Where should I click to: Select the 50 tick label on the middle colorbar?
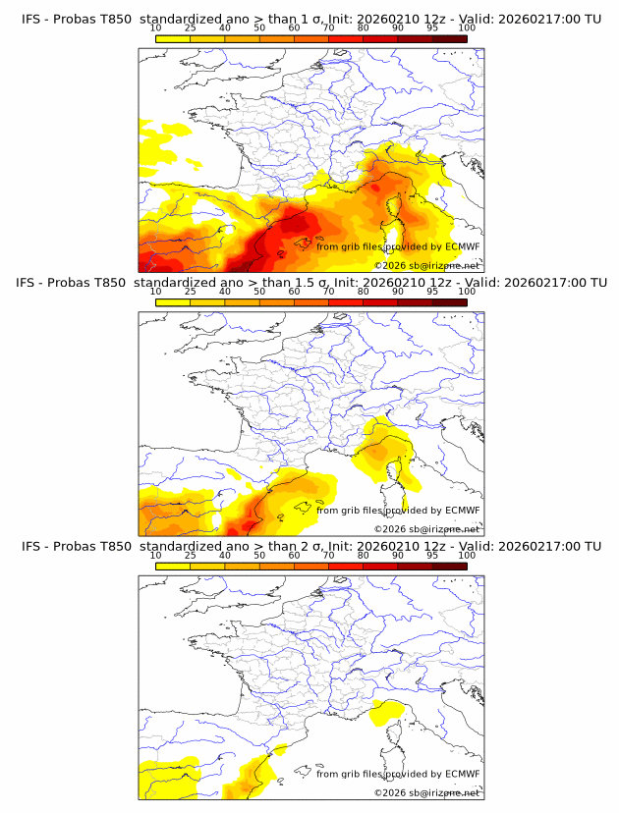(259, 292)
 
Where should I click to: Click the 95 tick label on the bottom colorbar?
(432, 556)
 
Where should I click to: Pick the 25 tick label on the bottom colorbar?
(190, 556)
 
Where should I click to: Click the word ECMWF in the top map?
(462, 246)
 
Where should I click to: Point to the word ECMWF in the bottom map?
(462, 774)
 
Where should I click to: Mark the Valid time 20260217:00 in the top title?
(542, 18)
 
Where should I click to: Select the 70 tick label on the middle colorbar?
(328, 292)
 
